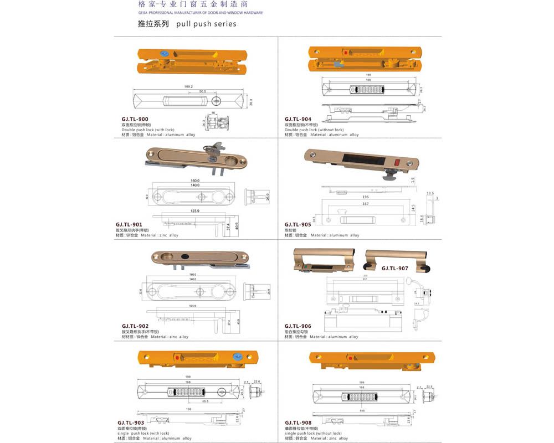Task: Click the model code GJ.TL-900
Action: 135,119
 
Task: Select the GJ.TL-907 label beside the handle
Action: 394,269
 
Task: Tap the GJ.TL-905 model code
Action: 298,225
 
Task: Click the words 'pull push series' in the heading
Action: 206,24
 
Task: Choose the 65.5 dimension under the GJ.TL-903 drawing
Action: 205,401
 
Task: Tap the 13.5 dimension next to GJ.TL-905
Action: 430,194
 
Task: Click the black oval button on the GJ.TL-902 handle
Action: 184,257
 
